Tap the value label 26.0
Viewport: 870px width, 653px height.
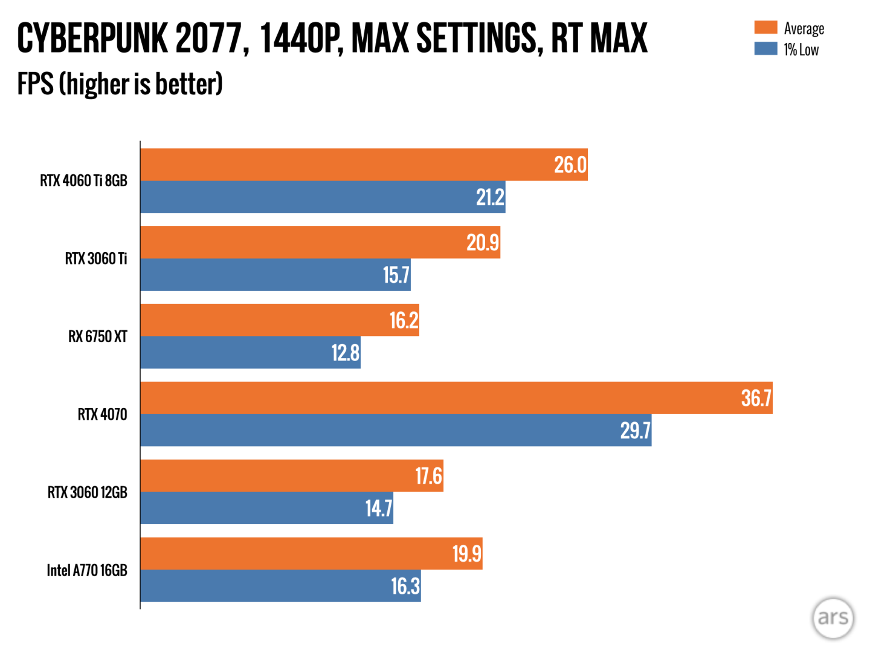(570, 164)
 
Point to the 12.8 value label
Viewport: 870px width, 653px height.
(346, 352)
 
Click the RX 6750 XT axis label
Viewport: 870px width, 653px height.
(98, 337)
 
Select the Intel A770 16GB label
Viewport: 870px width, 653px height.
(87, 571)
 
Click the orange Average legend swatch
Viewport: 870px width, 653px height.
(765, 28)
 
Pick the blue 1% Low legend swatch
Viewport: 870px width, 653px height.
(765, 49)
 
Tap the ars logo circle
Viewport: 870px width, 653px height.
(833, 618)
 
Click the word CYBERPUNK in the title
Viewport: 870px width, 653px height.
(92, 38)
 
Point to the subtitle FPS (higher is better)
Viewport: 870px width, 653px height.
(120, 84)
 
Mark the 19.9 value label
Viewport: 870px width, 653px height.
(467, 554)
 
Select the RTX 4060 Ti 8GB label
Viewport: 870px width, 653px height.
(84, 181)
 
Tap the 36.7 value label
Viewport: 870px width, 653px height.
(756, 398)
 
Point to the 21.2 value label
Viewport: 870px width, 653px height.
(490, 197)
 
